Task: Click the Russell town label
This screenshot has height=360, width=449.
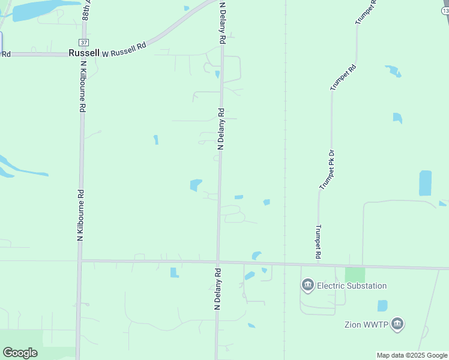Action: pyautogui.click(x=83, y=53)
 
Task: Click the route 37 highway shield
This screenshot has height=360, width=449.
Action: pyautogui.click(x=83, y=43)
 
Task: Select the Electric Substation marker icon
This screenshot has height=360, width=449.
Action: pyautogui.click(x=308, y=285)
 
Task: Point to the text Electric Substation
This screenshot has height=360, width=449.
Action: pyautogui.click(x=352, y=286)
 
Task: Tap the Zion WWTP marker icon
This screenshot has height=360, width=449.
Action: pyautogui.click(x=397, y=325)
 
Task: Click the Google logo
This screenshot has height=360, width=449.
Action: pyautogui.click(x=20, y=353)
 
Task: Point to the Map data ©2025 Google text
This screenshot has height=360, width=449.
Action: pyautogui.click(x=412, y=355)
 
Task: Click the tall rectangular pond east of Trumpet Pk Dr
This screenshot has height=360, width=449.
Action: pyautogui.click(x=425, y=183)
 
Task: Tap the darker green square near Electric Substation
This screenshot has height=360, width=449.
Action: pyautogui.click(x=355, y=275)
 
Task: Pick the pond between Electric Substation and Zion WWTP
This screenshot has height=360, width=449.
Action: pyautogui.click(x=382, y=305)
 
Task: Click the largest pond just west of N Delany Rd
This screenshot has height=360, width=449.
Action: pyautogui.click(x=196, y=185)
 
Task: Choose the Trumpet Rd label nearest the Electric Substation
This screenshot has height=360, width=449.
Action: pyautogui.click(x=318, y=243)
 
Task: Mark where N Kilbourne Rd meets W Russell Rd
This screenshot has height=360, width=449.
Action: pyautogui.click(x=82, y=54)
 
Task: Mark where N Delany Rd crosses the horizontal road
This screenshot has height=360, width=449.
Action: pyautogui.click(x=218, y=262)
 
